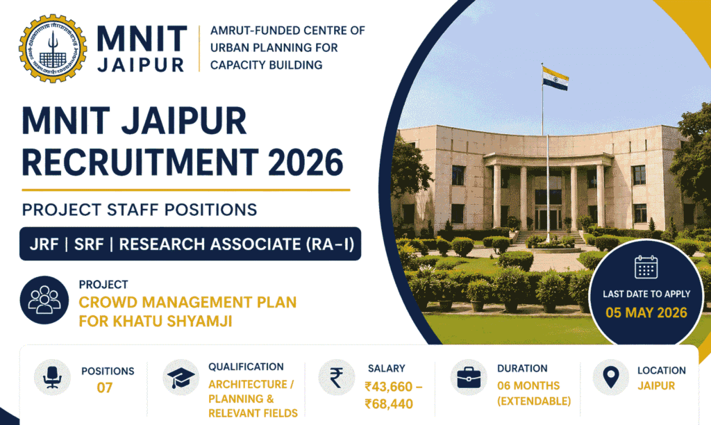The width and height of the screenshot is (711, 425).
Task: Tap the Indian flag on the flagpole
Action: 555,78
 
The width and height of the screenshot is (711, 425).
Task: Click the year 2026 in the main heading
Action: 306,162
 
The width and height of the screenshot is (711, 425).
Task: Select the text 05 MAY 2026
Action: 646,312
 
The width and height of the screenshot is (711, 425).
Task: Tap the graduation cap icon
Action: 181,378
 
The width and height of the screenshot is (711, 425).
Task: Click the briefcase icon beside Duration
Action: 468,378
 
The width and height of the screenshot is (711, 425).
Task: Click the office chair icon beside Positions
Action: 51,378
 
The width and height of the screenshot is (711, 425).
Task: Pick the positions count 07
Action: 104,387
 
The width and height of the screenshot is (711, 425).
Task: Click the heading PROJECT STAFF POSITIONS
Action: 140,209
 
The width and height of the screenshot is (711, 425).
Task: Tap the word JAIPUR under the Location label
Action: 656,385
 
